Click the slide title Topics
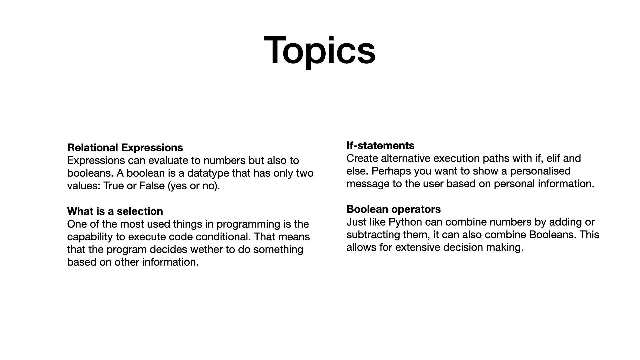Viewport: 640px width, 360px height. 320,51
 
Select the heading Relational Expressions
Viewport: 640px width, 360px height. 125,148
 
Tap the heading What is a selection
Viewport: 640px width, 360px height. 115,211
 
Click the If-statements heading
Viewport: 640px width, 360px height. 380,146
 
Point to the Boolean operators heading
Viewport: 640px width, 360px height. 394,209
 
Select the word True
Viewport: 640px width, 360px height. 113,186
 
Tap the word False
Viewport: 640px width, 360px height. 152,186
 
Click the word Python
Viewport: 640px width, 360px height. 405,222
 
